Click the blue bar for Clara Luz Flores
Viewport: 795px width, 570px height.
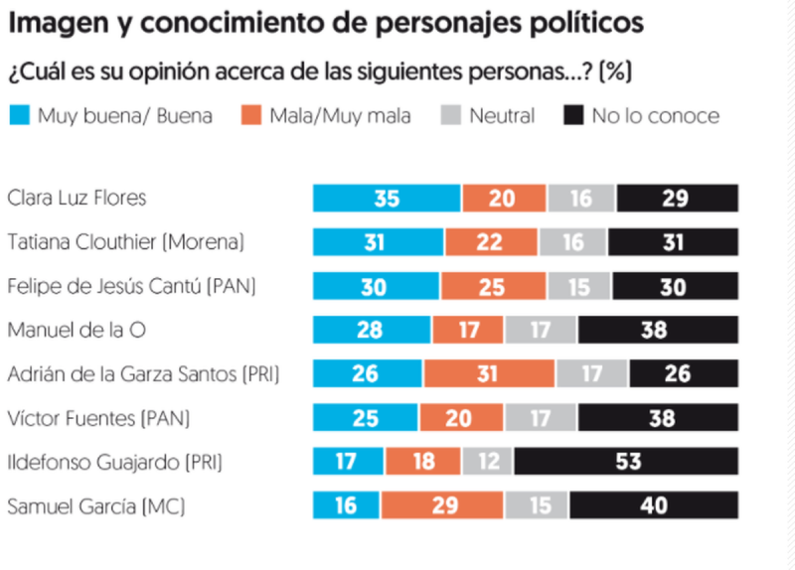(x=387, y=198)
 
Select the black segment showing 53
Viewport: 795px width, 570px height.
(x=625, y=462)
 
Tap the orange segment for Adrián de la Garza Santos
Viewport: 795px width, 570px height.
(x=489, y=373)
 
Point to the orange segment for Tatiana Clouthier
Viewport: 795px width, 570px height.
(x=491, y=241)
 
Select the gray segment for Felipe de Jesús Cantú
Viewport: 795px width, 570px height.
(x=579, y=286)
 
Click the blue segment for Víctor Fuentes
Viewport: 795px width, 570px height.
(x=366, y=418)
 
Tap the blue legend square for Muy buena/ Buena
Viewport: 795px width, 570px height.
(x=19, y=116)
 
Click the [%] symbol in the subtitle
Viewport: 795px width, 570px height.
(x=619, y=72)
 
